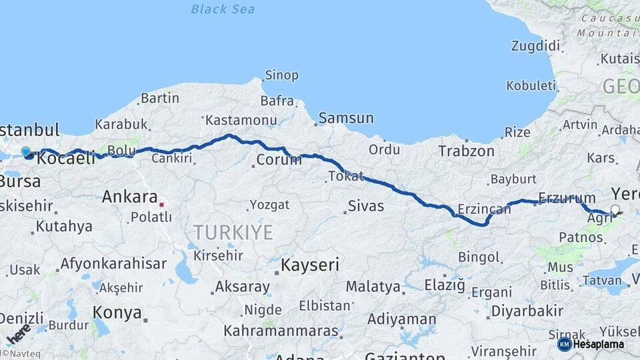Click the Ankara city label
pyautogui.click(x=129, y=197)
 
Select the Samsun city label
pyautogui.click(x=346, y=118)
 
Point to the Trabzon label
pyautogui.click(x=466, y=151)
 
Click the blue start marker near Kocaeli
pyautogui.click(x=26, y=152)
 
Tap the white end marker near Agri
pyautogui.click(x=615, y=210)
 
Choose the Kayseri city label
pyautogui.click(x=310, y=265)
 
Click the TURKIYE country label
pyautogui.click(x=233, y=232)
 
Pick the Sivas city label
pyautogui.click(x=366, y=206)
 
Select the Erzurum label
pyautogui.click(x=567, y=197)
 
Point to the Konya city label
pyautogui.click(x=117, y=312)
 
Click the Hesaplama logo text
pyautogui.click(x=599, y=345)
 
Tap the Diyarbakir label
pyautogui.click(x=527, y=311)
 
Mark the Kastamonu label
pyautogui.click(x=241, y=120)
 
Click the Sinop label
pyautogui.click(x=281, y=75)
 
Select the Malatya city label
pyautogui.click(x=373, y=287)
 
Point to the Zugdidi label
pyautogui.click(x=535, y=46)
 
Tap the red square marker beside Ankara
pyautogui.click(x=161, y=204)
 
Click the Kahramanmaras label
pyautogui.click(x=281, y=330)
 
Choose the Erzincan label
pyautogui.click(x=484, y=209)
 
